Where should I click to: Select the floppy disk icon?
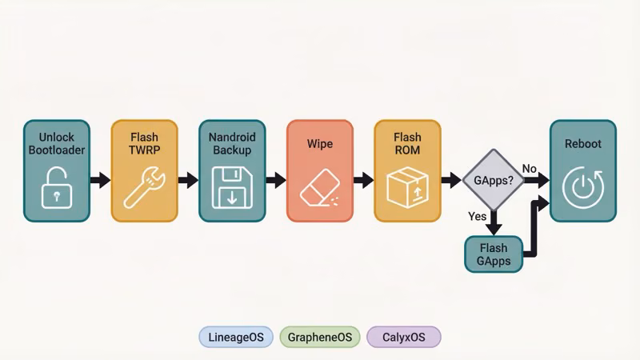click(232, 187)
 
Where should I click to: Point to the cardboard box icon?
click(407, 187)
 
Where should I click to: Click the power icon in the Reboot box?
click(582, 189)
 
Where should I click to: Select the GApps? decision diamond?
click(493, 179)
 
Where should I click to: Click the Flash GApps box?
click(494, 254)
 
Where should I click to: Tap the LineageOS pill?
click(236, 337)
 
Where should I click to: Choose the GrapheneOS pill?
click(320, 337)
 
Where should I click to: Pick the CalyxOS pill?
click(403, 337)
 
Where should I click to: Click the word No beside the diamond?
click(530, 168)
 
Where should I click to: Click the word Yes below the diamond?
click(478, 216)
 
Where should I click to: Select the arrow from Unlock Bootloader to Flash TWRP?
click(100, 180)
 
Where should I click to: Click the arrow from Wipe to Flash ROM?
click(363, 180)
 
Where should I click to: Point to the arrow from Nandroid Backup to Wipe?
click(275, 180)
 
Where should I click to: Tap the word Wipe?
click(319, 144)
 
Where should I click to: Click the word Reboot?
click(582, 144)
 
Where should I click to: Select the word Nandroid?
click(232, 138)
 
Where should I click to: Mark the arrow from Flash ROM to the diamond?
click(451, 180)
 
